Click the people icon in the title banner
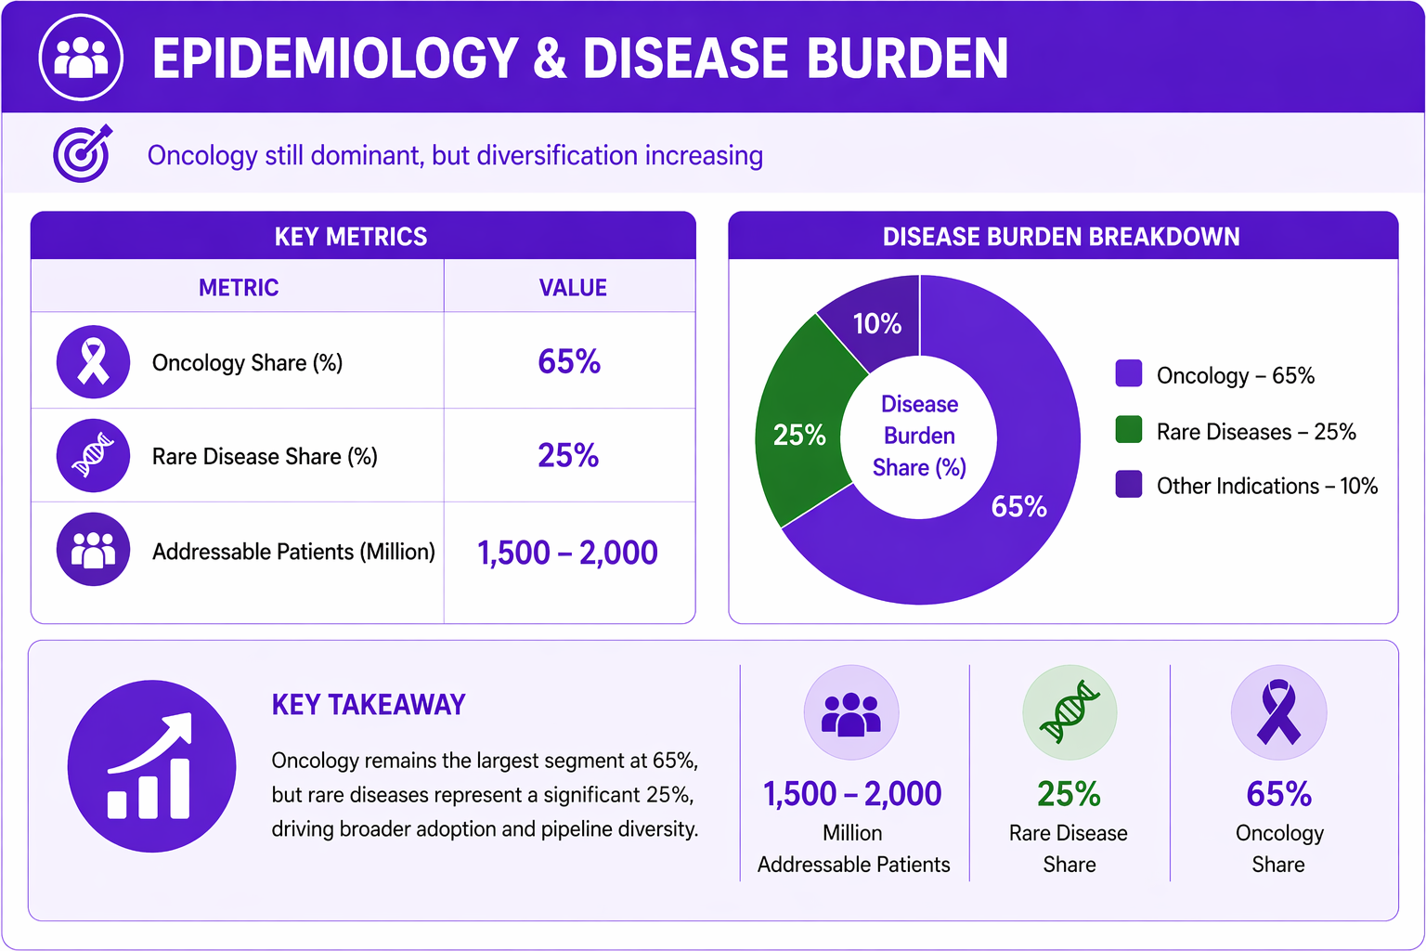click(x=81, y=58)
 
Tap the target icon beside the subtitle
click(x=82, y=153)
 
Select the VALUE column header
click(x=573, y=288)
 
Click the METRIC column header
click(x=239, y=288)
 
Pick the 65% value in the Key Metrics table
click(x=569, y=362)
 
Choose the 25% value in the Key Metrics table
click(x=568, y=455)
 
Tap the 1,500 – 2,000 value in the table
click(x=567, y=553)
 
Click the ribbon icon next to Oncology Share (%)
click(x=93, y=362)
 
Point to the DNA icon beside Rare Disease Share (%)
click(x=93, y=455)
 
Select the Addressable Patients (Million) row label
click(x=293, y=552)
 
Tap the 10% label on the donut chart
click(x=877, y=323)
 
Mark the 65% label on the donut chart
click(x=1018, y=507)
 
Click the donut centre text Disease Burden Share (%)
click(x=919, y=436)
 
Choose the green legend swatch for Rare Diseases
click(x=1129, y=429)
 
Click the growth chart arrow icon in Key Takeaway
click(x=151, y=765)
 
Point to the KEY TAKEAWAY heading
click(x=369, y=705)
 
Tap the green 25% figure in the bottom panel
click(x=1069, y=794)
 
